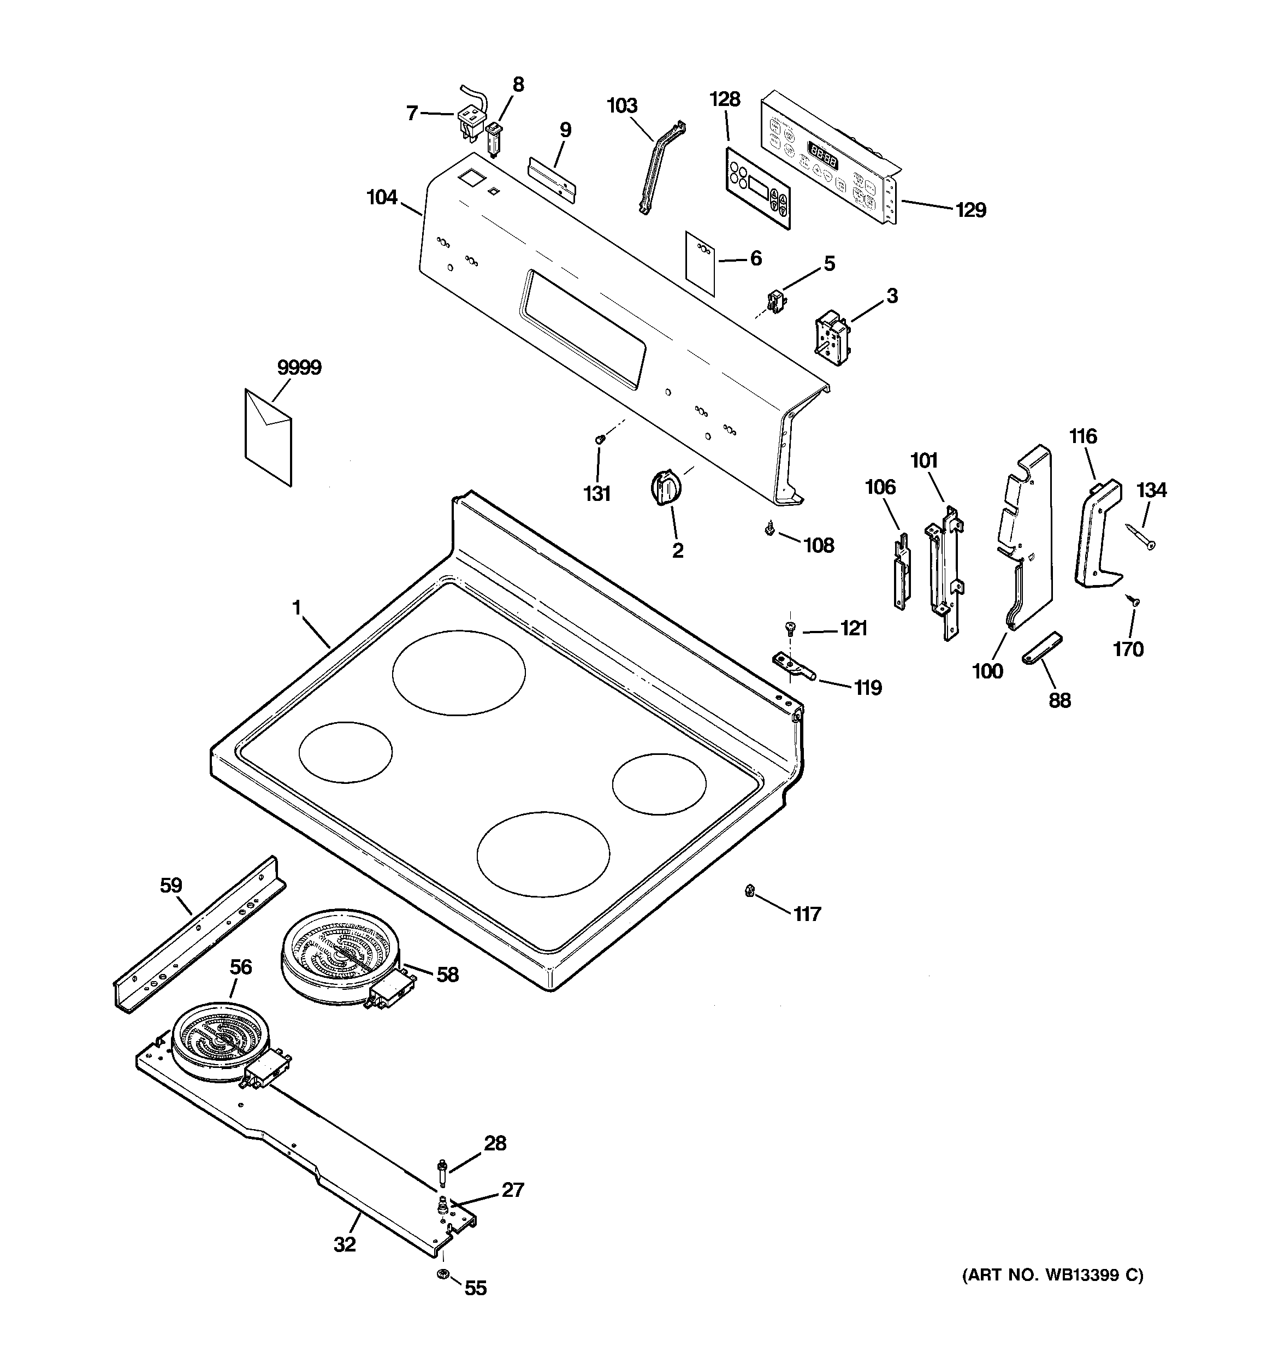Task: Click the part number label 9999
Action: pyautogui.click(x=299, y=368)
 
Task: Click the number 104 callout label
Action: pyautogui.click(x=382, y=198)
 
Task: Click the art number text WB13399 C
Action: pyautogui.click(x=1052, y=1275)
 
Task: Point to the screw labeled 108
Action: pyautogui.click(x=768, y=528)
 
